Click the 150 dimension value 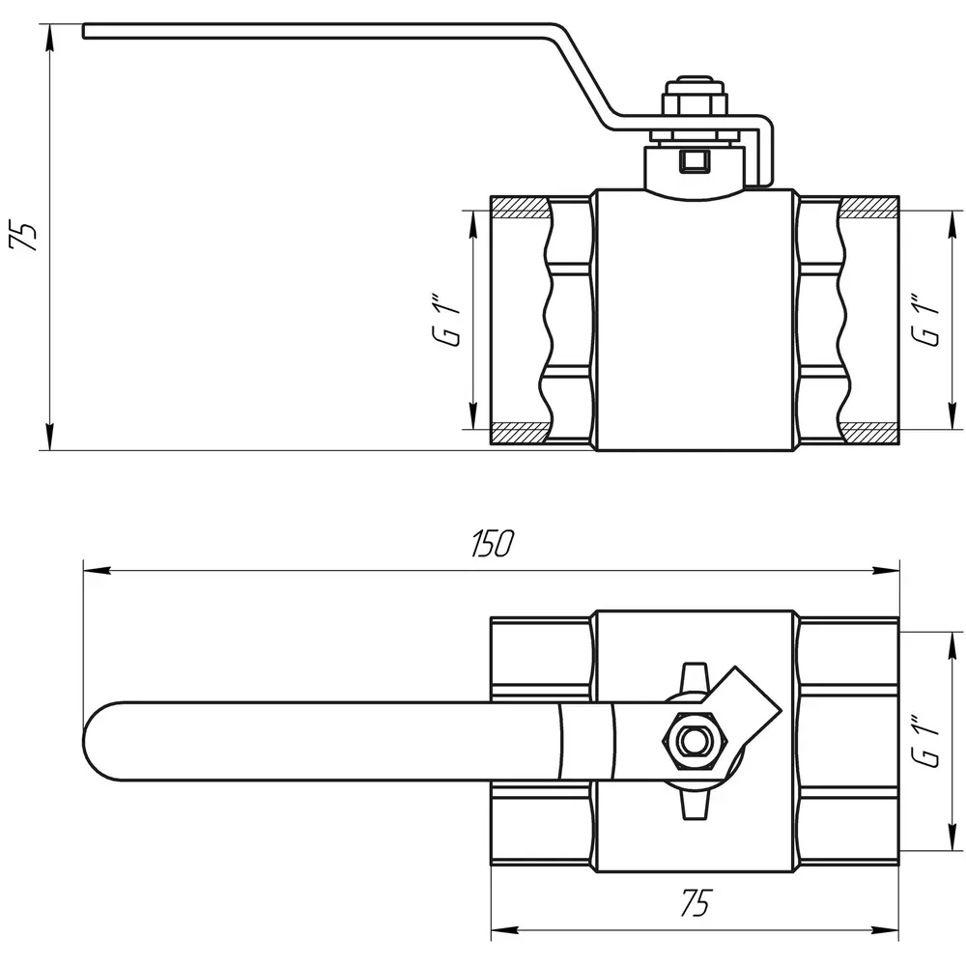[x=493, y=543]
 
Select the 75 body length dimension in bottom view [x=695, y=903]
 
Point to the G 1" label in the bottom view [x=926, y=741]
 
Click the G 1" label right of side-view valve [x=926, y=321]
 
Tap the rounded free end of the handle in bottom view [x=93, y=741]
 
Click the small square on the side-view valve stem [x=695, y=161]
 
